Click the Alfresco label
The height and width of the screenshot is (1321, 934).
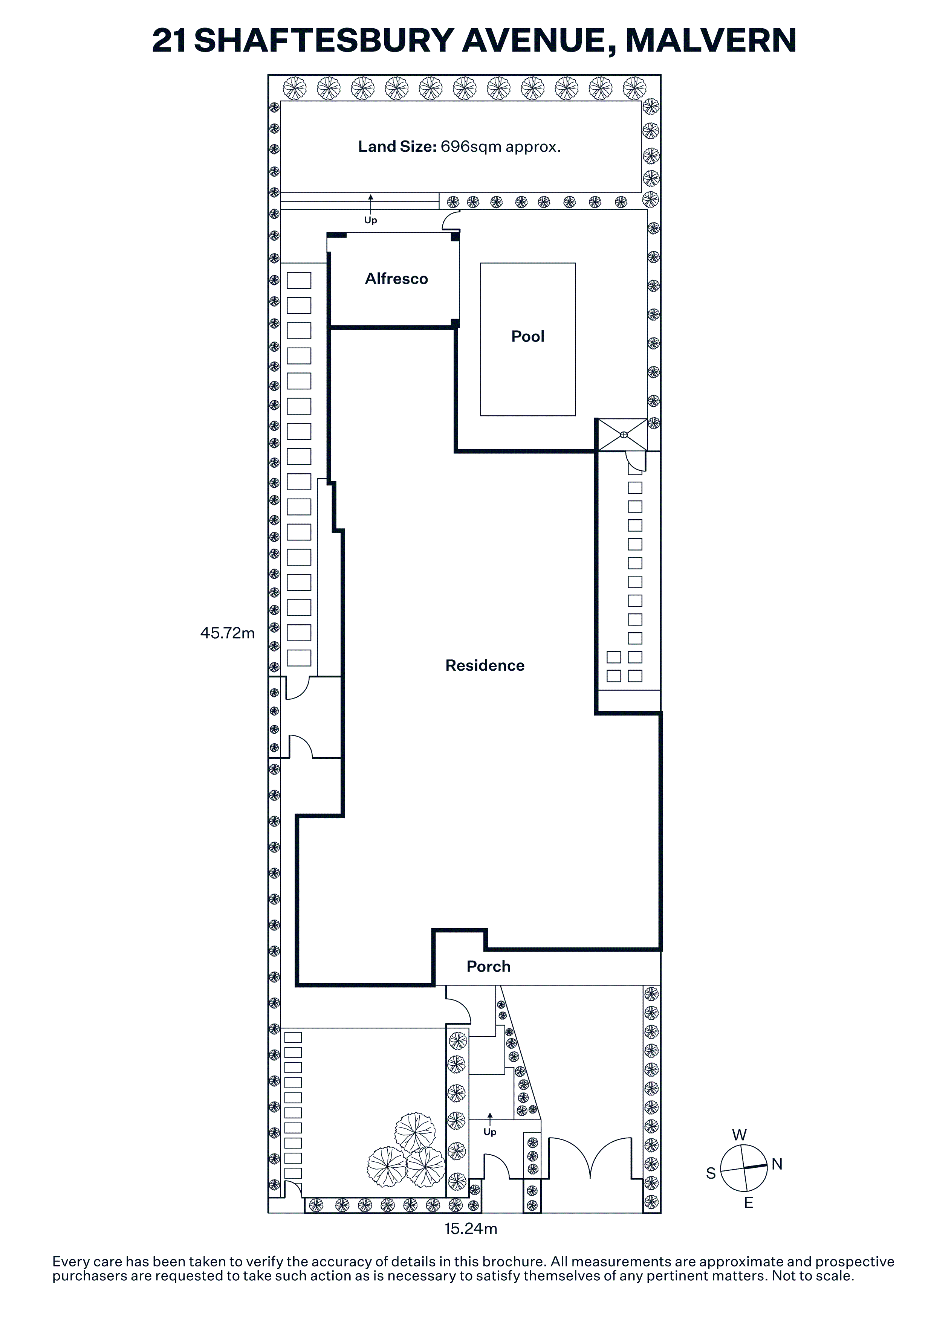[x=396, y=279]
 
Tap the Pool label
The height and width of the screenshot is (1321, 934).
[x=528, y=337]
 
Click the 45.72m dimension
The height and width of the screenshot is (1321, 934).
[x=227, y=633]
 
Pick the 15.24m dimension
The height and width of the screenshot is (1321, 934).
[x=471, y=1229]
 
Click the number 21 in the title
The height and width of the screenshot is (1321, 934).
[x=169, y=40]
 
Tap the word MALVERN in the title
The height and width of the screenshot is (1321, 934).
[x=711, y=40]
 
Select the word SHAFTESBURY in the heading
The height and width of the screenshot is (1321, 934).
[x=324, y=40]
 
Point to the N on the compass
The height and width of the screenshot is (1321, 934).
[x=777, y=1164]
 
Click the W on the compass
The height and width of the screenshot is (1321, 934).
[x=740, y=1135]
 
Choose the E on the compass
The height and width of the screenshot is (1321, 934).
[x=749, y=1203]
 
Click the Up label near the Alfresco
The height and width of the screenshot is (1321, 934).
[x=371, y=220]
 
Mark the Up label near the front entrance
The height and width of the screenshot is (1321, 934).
[x=490, y=1132]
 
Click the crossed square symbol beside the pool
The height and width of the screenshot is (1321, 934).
[x=623, y=435]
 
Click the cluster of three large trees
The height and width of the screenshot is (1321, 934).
[x=407, y=1150]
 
